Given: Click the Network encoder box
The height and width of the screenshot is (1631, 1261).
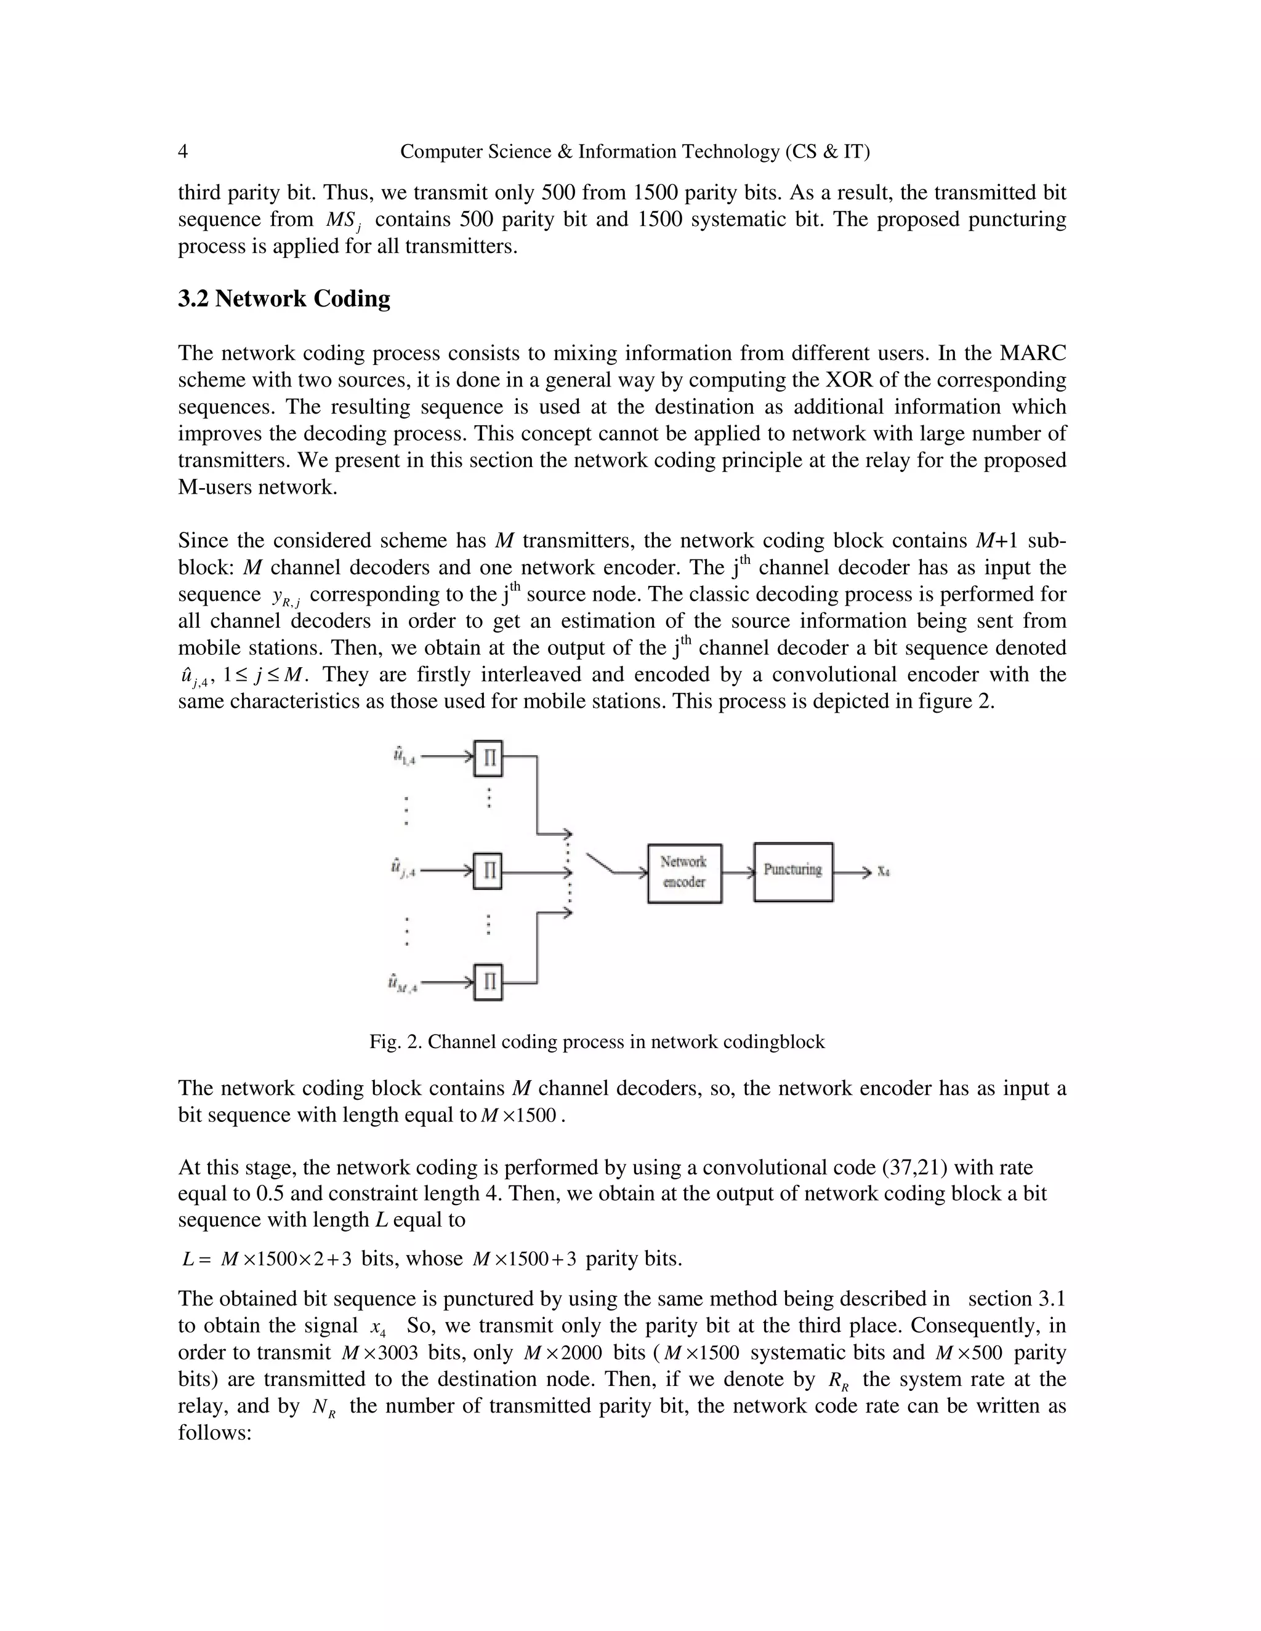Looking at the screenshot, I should [683, 873].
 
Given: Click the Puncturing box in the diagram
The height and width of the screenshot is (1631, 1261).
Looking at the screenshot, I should [792, 872].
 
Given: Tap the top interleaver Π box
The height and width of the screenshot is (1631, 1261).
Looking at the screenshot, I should [488, 759].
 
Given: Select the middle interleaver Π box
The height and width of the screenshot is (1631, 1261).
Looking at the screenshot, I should [487, 872].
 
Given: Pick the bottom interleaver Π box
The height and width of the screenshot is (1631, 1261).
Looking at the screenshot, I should [488, 982].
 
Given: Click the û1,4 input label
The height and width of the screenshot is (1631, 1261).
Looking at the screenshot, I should [404, 756].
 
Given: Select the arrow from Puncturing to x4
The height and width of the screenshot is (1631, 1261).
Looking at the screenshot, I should [851, 872].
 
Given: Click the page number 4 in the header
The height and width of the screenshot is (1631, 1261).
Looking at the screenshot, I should [183, 151].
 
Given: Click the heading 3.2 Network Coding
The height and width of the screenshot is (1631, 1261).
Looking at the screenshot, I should [284, 299].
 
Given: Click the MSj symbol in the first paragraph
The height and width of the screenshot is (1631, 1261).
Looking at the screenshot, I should [343, 220].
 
